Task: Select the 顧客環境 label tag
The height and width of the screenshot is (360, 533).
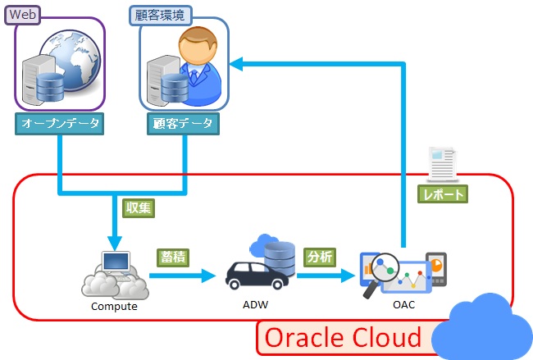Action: click(x=161, y=14)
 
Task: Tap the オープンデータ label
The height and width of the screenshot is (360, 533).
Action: click(x=59, y=124)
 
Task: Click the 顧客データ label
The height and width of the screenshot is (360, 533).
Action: click(x=183, y=124)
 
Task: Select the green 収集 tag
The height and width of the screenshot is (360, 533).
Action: click(x=138, y=207)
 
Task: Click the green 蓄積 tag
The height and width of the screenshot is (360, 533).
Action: click(x=174, y=256)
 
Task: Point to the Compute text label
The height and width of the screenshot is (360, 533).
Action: click(x=113, y=308)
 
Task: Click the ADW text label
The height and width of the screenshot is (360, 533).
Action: click(x=255, y=305)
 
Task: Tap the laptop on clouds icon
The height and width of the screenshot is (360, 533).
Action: click(x=114, y=274)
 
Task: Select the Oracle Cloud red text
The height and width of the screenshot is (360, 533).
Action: click(x=343, y=337)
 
